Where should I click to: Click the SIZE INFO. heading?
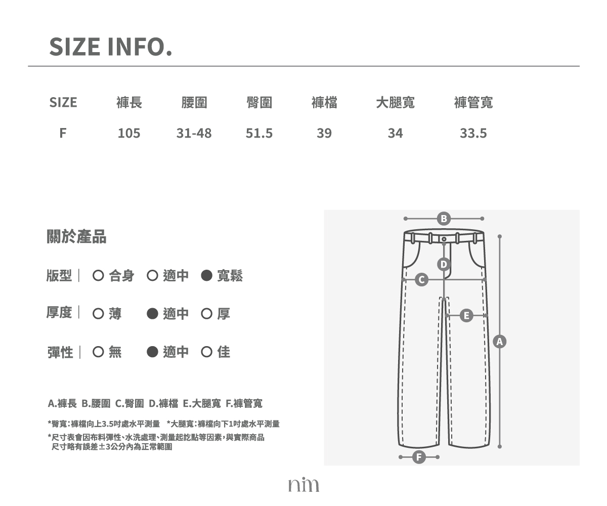click(111, 47)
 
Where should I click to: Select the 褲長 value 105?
click(129, 133)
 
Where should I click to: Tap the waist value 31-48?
click(194, 133)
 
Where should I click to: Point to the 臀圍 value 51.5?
click(259, 133)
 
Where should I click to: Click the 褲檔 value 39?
click(324, 133)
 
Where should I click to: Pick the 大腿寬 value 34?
click(396, 133)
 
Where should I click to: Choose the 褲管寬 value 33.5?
click(473, 133)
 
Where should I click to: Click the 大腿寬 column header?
click(396, 102)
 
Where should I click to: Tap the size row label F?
click(63, 133)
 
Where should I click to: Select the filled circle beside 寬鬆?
click(206, 275)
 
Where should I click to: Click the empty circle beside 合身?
click(98, 275)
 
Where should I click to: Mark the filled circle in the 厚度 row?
click(152, 314)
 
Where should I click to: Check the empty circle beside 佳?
click(206, 352)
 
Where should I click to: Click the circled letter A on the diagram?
click(500, 342)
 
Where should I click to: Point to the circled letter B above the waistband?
click(444, 219)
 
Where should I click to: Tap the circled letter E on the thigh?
click(466, 316)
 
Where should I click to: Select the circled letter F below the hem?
click(419, 457)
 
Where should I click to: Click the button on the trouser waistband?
click(444, 239)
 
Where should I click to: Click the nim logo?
click(303, 484)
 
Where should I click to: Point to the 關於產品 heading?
click(76, 236)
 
